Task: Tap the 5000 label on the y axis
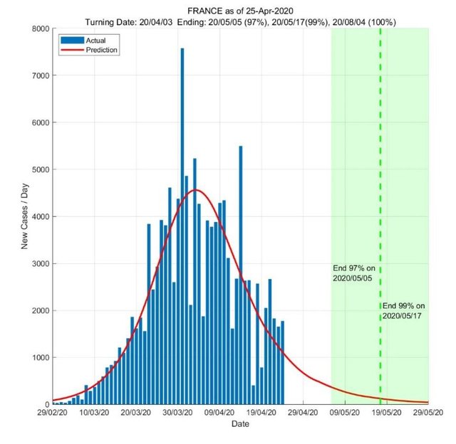coord(40,169)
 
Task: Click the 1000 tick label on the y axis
coord(40,357)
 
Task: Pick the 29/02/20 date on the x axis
coord(53,412)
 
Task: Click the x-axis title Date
coord(241,424)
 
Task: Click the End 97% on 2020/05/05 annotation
coord(353,273)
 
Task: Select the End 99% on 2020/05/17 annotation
coord(403,310)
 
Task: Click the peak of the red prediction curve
coord(196,189)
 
